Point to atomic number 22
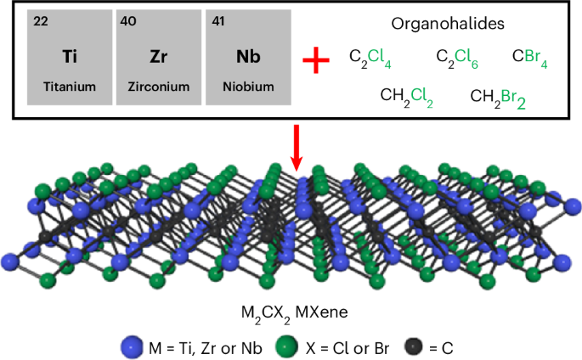[41, 21]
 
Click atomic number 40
[130, 21]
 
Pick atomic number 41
[218, 21]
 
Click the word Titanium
[70, 87]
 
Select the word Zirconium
[159, 87]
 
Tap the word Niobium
[247, 87]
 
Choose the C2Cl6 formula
[457, 58]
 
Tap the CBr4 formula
[531, 58]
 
